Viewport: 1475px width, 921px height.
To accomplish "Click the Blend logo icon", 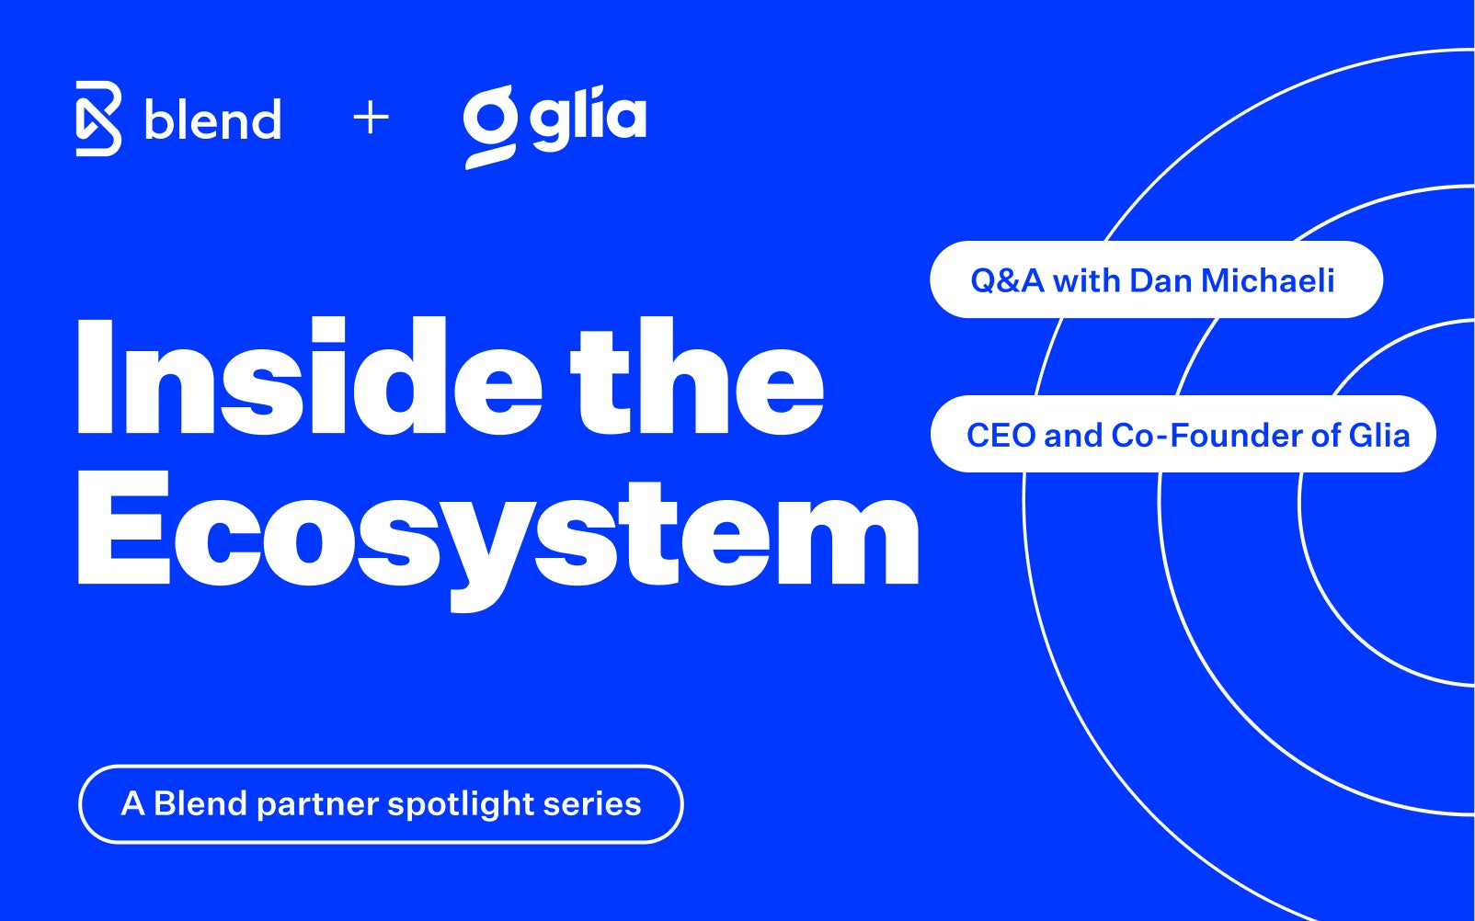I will [98, 119].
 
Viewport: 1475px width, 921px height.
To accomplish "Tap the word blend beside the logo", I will [212, 120].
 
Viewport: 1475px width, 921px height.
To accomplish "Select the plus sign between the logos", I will [371, 119].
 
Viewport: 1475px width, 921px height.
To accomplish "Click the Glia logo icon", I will [489, 126].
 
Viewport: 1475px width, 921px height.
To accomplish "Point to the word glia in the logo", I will [589, 119].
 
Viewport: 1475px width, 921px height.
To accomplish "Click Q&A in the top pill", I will [1007, 280].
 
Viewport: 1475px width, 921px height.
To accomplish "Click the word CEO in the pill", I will [1000, 435].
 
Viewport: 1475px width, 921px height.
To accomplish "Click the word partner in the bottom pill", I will [317, 805].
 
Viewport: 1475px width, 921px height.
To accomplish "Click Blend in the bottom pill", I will [200, 803].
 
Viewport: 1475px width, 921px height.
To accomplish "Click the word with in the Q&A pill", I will [1086, 280].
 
